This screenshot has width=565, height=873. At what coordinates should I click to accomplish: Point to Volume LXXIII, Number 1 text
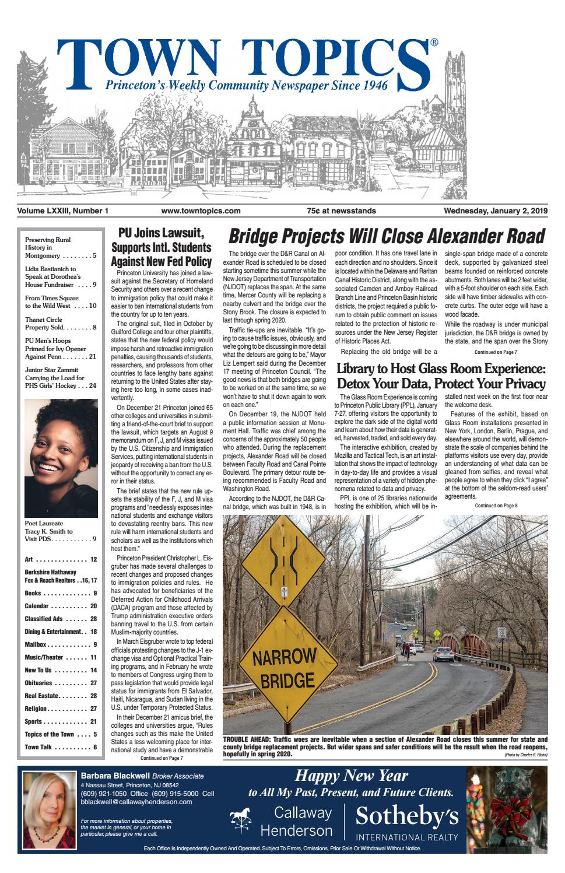(63, 211)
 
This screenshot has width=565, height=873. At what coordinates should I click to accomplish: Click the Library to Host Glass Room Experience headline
(440, 376)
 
